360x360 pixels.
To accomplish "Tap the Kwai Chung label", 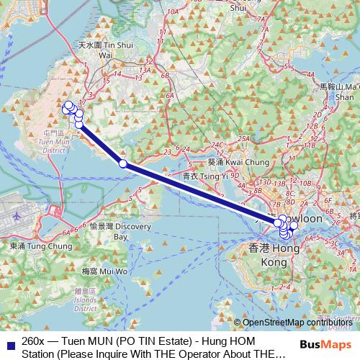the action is click(229, 161).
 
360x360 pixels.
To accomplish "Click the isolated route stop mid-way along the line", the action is click(123, 164).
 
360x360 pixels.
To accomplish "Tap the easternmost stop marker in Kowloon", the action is click(294, 226).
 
